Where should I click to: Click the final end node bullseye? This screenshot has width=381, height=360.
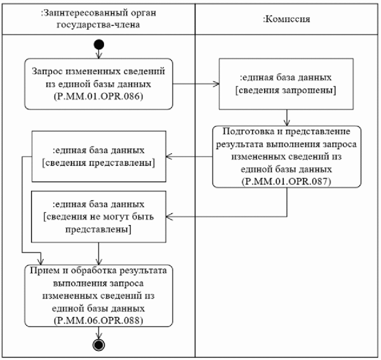click(x=98, y=344)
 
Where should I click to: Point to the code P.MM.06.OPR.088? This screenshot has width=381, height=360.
click(x=98, y=319)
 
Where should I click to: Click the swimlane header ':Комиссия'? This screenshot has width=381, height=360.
click(x=286, y=19)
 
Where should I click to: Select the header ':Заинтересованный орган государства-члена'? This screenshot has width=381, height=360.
click(x=98, y=19)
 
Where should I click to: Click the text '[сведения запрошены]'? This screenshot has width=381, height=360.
click(x=286, y=91)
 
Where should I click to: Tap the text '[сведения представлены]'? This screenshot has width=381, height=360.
click(x=98, y=162)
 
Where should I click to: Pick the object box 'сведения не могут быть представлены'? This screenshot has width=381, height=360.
click(x=98, y=214)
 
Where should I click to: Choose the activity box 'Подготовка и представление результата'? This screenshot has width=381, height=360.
click(x=286, y=156)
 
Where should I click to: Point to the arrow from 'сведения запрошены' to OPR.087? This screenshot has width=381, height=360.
click(x=286, y=117)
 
